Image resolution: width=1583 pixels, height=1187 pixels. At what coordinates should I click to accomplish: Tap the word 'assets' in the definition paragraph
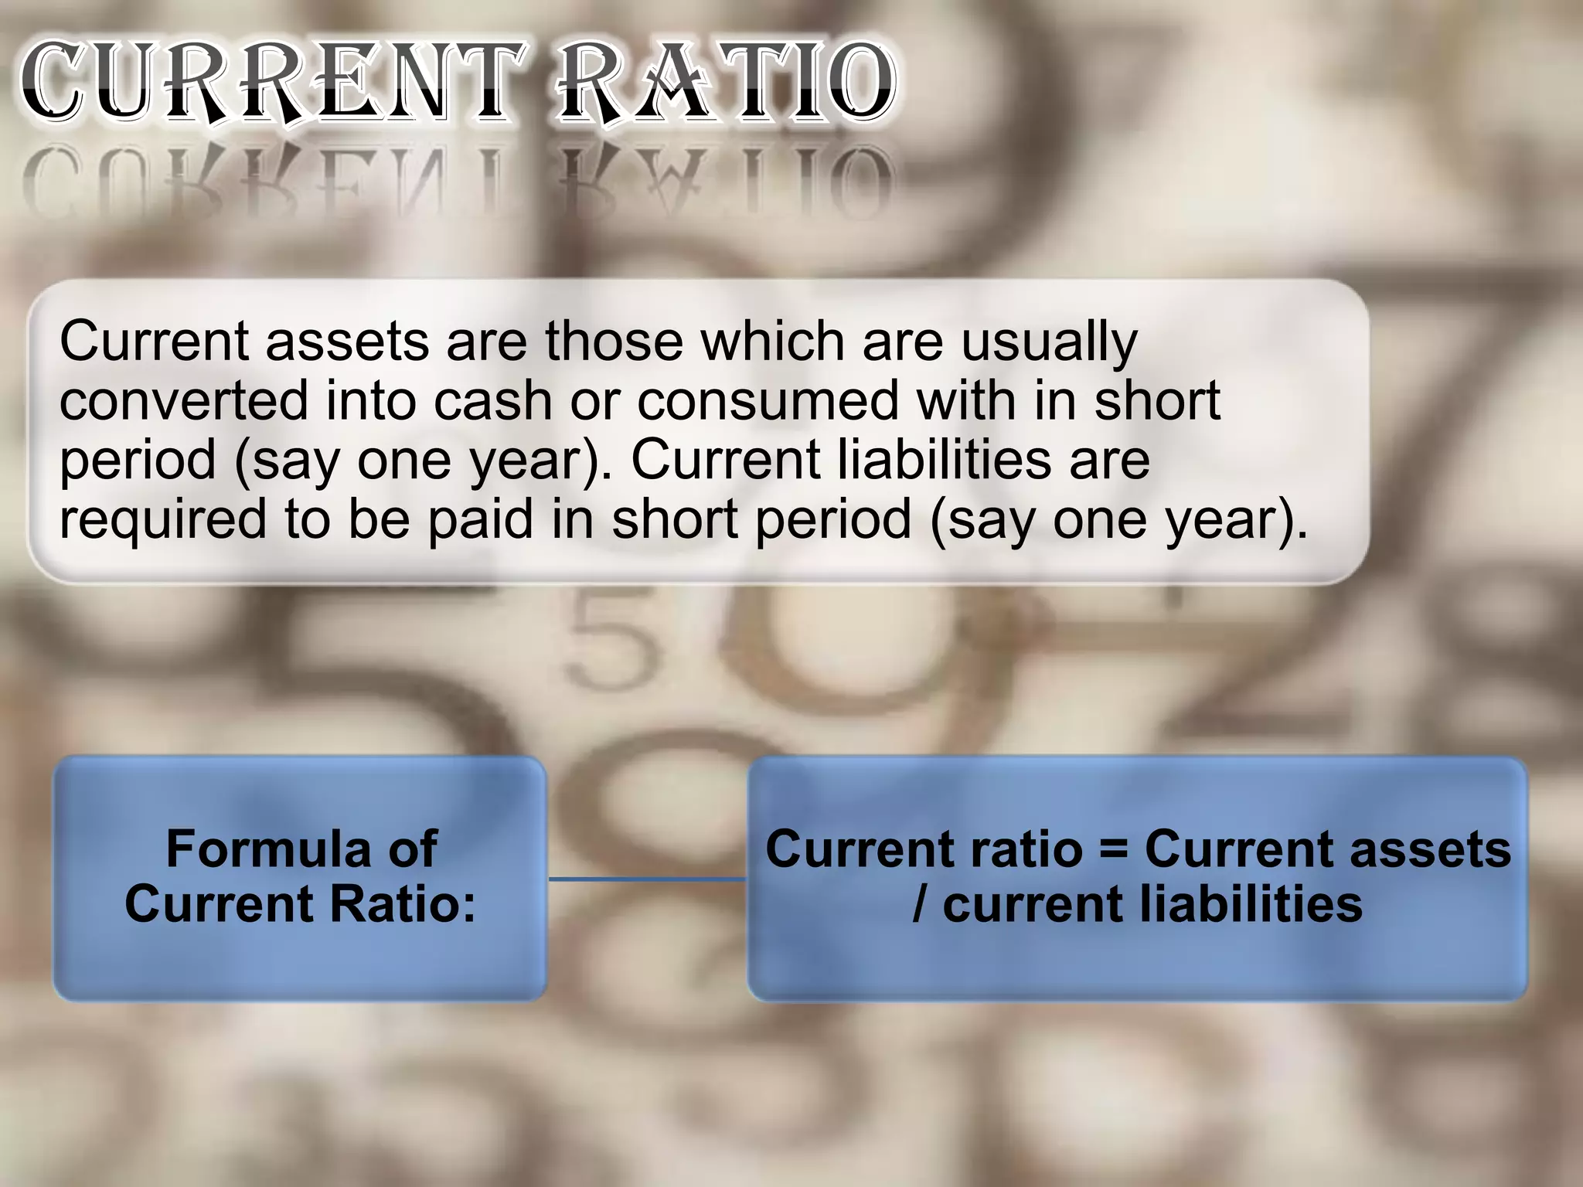click(x=347, y=342)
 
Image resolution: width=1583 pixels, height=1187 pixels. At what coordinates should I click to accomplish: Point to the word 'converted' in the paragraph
click(x=184, y=400)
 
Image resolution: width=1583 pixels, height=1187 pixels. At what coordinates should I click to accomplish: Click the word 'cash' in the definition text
click(x=492, y=400)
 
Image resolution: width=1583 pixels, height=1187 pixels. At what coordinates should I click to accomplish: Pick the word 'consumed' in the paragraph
click(x=768, y=400)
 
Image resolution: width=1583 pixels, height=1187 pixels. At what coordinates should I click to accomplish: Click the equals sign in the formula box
click(x=1113, y=849)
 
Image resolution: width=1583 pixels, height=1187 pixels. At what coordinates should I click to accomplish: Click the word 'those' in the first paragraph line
click(x=614, y=342)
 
